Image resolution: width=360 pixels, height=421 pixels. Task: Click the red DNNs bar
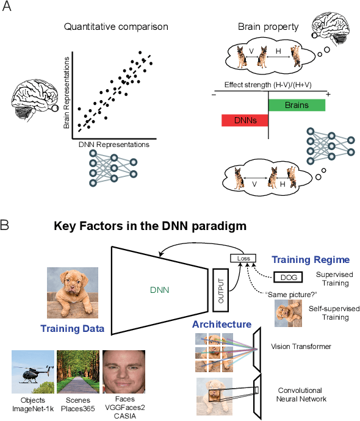(244, 121)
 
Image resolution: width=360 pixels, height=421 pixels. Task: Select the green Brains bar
(297, 105)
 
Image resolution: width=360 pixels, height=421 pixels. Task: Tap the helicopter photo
(31, 370)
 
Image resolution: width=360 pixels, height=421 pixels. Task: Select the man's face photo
(123, 370)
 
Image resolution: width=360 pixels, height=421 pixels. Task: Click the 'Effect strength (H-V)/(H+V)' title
(268, 85)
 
